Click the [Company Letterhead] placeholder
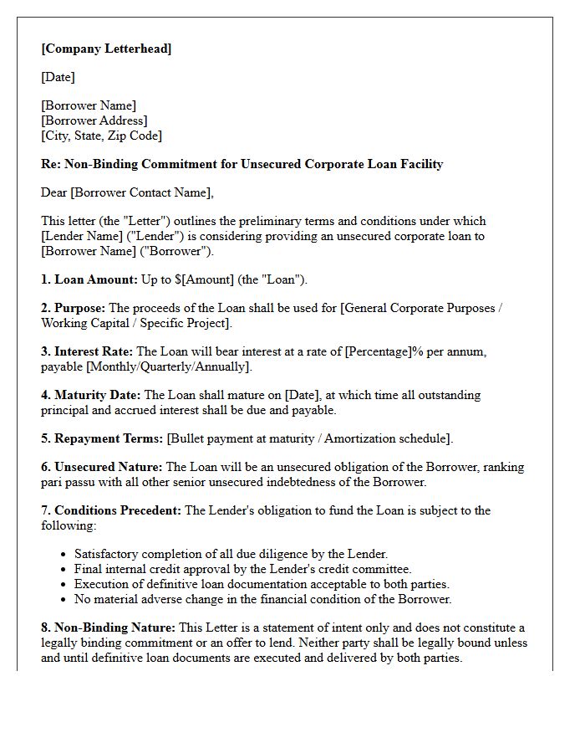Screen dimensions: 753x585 (x=106, y=49)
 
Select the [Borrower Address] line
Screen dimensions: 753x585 (x=94, y=120)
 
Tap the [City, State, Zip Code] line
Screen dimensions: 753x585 (x=101, y=136)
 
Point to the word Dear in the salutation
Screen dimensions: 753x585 (x=54, y=192)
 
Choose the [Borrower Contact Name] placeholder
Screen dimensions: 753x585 (x=141, y=192)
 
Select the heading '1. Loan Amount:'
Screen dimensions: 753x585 (x=89, y=279)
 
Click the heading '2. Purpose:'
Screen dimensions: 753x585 (x=74, y=308)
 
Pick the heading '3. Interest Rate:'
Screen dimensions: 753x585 (x=87, y=351)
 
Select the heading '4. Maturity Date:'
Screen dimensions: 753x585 (x=91, y=395)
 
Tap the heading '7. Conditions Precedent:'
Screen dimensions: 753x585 (x=111, y=510)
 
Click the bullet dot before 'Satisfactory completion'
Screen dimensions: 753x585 (x=65, y=555)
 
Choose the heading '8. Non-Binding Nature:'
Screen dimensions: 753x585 (x=109, y=627)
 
